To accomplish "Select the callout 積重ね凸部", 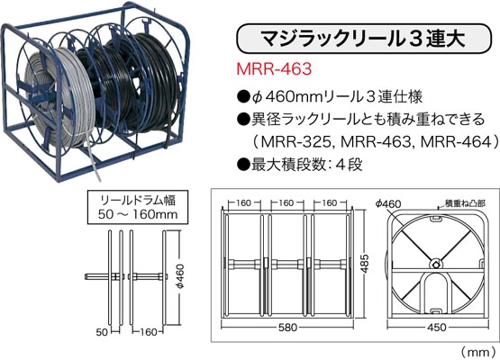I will [x=460, y=204].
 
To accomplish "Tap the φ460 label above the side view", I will [x=393, y=204].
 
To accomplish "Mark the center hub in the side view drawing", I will [x=435, y=264].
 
